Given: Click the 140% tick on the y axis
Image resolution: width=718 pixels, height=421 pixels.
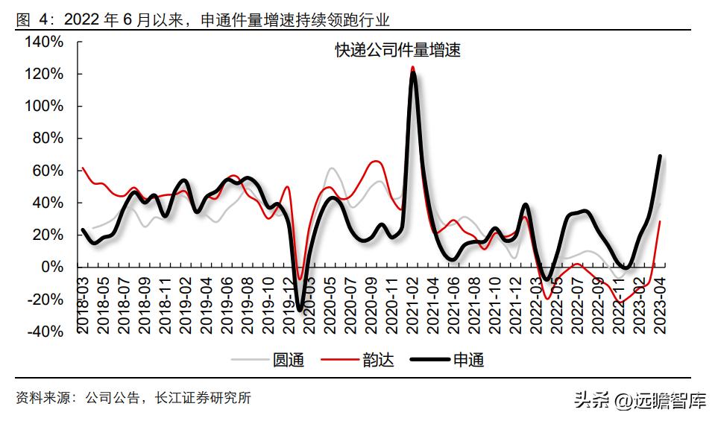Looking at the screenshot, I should [44, 42].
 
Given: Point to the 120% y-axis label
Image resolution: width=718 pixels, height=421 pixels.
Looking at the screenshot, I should [44, 75].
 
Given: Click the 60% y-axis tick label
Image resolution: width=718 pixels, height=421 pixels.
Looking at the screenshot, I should [47, 171].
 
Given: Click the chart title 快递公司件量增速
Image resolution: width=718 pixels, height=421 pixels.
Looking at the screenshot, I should [397, 51].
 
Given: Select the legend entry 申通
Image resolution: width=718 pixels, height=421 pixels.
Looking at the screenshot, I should [469, 360].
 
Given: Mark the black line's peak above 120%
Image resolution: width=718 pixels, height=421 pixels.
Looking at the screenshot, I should [413, 72].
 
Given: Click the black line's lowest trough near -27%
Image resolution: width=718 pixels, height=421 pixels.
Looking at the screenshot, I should [300, 309].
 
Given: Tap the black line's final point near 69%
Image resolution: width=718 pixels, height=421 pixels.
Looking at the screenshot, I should [660, 156].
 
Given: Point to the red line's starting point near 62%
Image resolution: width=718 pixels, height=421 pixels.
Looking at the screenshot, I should [83, 168].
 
